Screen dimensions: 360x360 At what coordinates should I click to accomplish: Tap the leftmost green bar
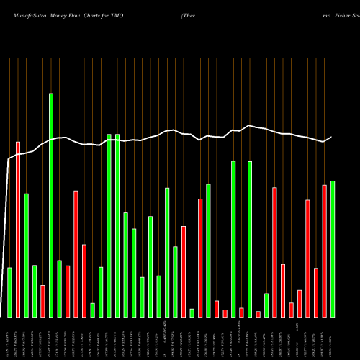coord(9,292)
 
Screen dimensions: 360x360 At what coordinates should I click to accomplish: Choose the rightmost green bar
coord(333,248)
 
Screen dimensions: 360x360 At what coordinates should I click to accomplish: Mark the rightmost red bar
coord(324,251)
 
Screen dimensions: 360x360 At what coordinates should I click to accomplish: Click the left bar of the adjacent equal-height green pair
coord(109,225)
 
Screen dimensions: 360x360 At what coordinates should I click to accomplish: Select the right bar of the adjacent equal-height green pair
coord(117,225)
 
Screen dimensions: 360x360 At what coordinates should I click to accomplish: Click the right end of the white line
coord(332,137)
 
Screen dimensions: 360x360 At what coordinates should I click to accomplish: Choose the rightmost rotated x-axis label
coord(333,338)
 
